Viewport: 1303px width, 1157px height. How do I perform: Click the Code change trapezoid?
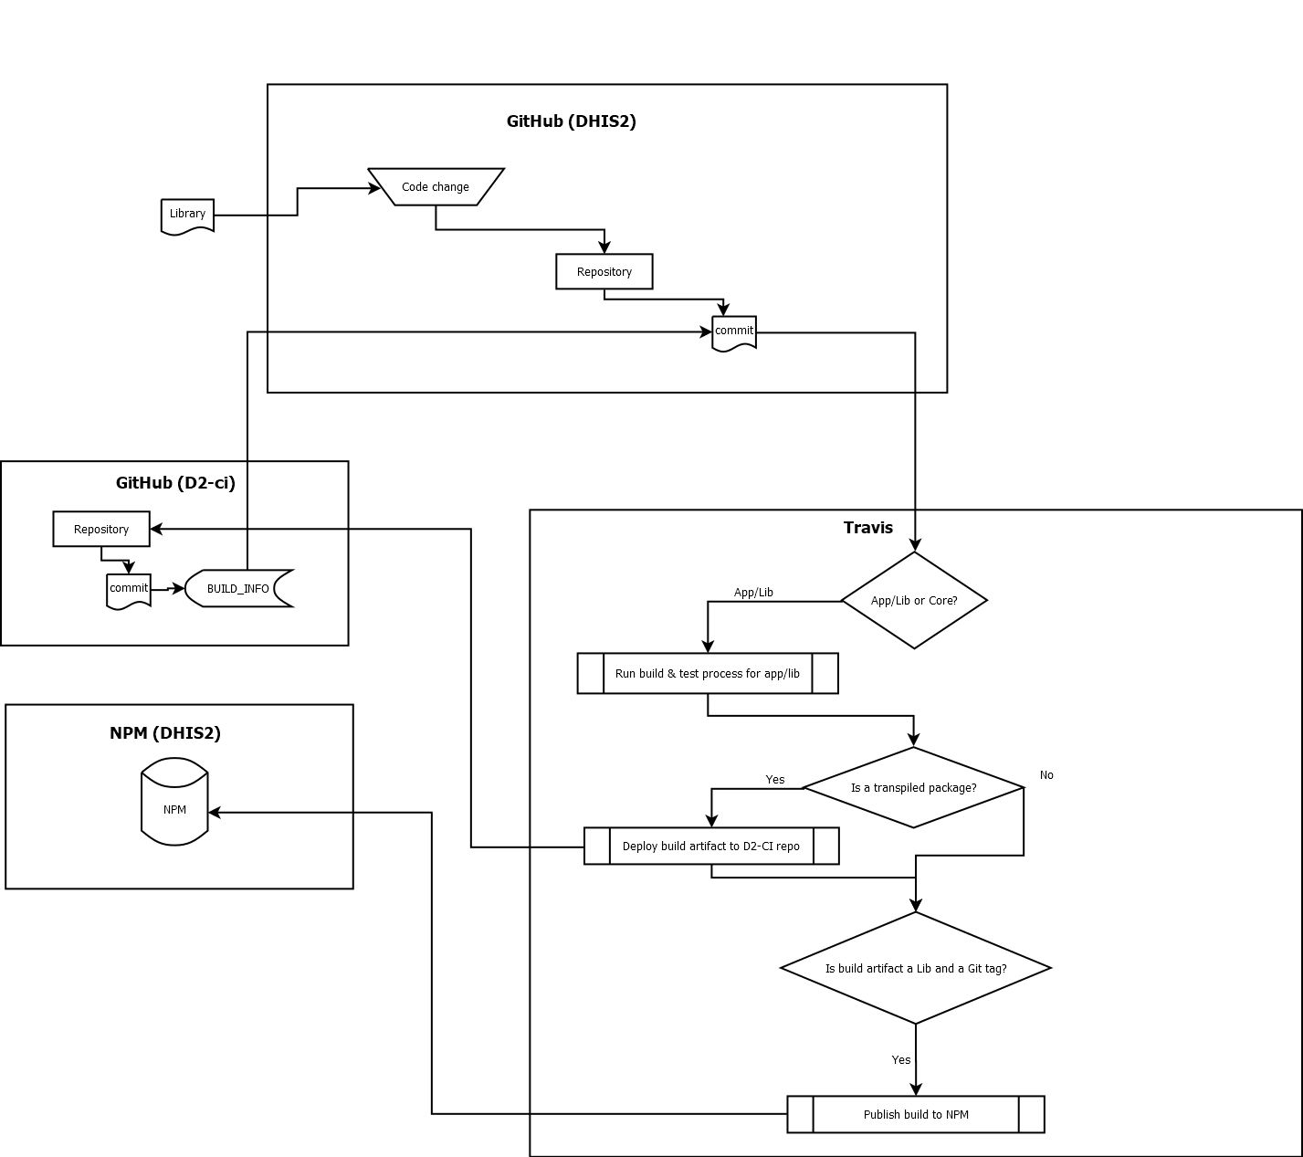436,186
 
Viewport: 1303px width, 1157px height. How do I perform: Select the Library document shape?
187,216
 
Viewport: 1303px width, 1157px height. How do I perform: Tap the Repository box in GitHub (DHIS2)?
604,271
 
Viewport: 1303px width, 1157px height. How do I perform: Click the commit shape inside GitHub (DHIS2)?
734,332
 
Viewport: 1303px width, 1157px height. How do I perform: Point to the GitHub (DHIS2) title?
571,121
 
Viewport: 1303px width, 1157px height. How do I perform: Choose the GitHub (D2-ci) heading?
175,483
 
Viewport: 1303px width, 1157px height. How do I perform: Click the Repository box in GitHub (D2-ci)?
101,529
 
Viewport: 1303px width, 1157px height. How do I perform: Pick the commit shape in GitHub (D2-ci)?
129,590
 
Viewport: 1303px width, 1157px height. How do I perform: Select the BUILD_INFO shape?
238,588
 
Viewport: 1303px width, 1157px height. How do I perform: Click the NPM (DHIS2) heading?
165,733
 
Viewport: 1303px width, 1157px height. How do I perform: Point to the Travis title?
867,528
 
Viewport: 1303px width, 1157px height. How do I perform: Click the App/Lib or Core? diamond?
914,600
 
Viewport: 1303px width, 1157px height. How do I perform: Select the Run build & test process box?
708,673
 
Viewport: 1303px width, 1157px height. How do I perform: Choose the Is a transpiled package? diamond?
913,787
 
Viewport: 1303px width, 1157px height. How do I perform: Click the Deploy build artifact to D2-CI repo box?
711,846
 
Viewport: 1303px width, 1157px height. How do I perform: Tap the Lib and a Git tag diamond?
916,968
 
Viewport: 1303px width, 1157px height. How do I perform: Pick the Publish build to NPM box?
916,1114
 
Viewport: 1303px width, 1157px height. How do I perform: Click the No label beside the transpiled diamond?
1046,775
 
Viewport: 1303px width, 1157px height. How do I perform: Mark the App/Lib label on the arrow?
753,593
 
